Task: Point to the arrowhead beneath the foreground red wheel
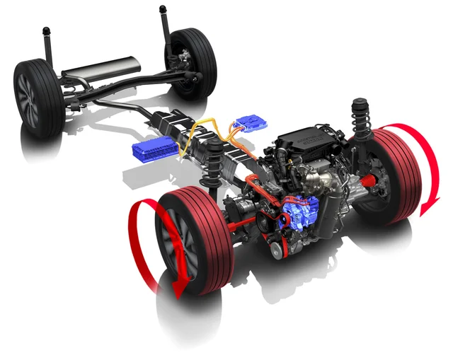pyautogui.click(x=178, y=286)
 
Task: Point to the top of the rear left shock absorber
pyautogui.click(x=47, y=33)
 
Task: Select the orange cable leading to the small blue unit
pyautogui.click(x=233, y=131)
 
